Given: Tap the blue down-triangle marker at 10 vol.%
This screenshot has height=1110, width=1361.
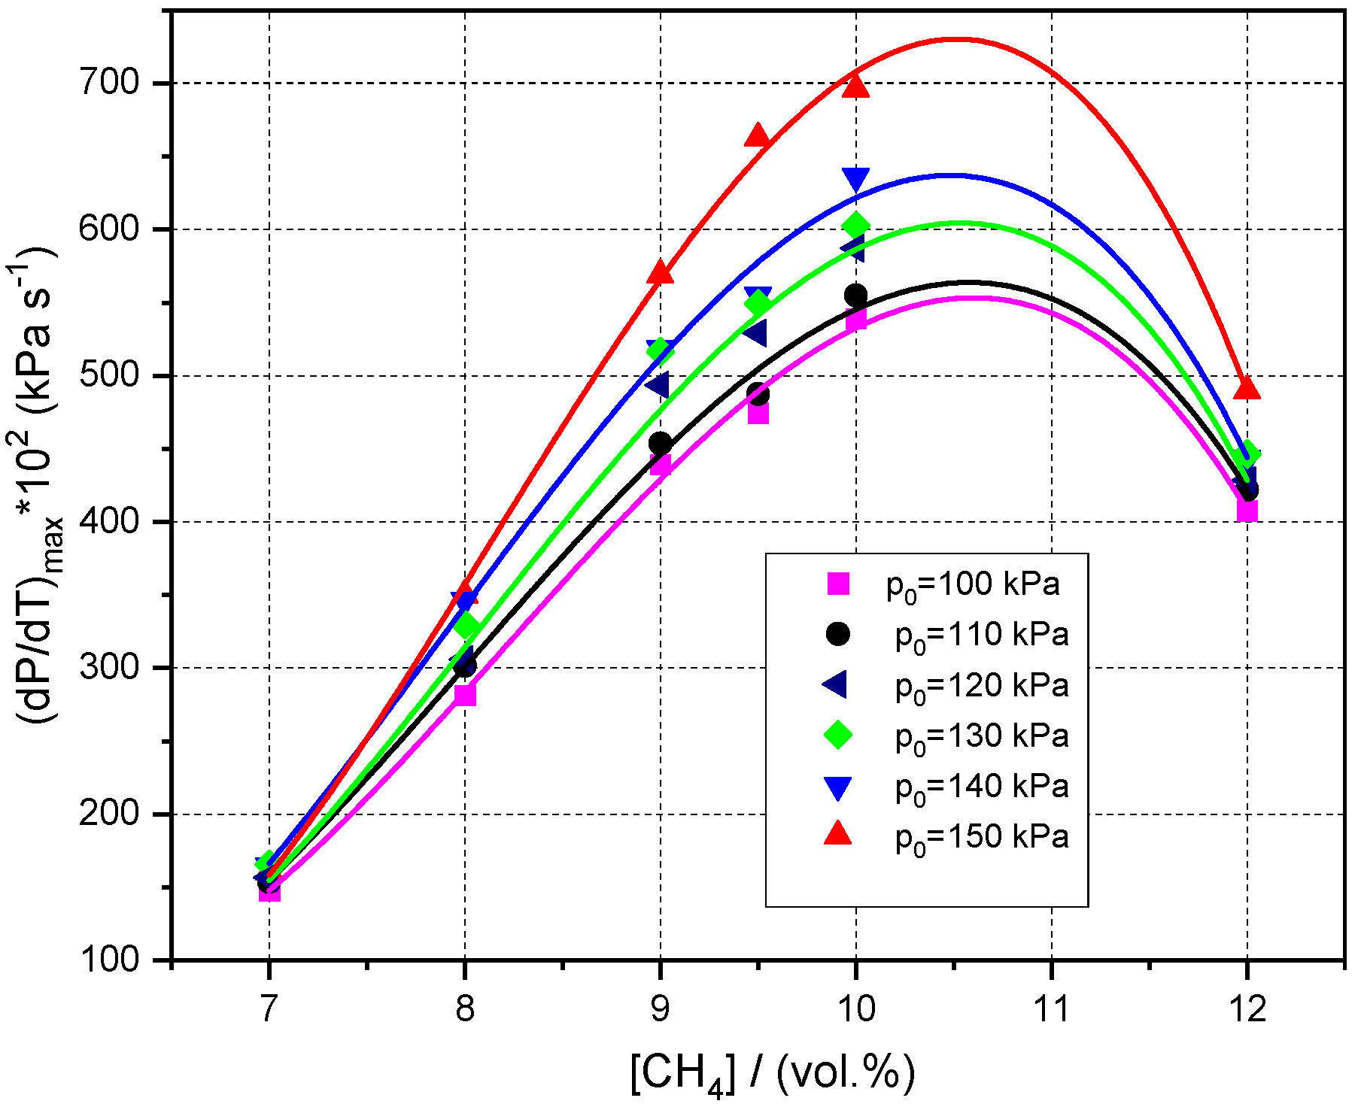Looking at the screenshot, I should tap(855, 179).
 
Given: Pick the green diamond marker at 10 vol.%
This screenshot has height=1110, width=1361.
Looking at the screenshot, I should tap(855, 225).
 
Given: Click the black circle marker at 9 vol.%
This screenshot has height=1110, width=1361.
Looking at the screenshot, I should tap(660, 444).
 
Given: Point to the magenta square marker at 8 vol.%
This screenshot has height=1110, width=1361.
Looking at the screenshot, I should tap(465, 695).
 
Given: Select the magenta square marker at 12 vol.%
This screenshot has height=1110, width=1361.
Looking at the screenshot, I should tap(1247, 511).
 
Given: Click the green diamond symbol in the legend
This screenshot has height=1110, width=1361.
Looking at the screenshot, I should tap(837, 735).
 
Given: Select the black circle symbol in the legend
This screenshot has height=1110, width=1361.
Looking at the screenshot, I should tap(837, 634).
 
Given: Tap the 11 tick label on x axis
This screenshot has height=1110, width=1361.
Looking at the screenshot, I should tap(1051, 1008).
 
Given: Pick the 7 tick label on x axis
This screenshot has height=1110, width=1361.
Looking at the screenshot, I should tap(269, 1008).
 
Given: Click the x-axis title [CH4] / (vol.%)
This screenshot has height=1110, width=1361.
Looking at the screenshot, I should tap(773, 1072).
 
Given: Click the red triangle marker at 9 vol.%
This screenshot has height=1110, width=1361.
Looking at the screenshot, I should tap(660, 272).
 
